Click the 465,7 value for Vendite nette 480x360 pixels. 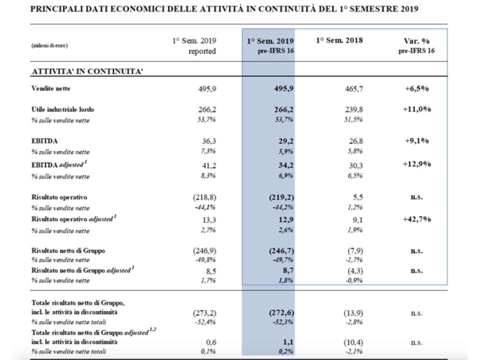354,89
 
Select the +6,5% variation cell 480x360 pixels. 416,89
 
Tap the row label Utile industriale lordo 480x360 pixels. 63,109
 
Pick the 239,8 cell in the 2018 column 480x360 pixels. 354,109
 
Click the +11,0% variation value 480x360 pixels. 416,109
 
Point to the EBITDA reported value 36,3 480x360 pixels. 209,141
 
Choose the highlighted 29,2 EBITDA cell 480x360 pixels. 286,141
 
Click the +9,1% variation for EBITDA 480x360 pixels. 416,141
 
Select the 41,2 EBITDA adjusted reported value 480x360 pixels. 209,165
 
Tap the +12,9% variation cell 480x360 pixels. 416,164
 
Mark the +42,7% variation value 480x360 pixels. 416,219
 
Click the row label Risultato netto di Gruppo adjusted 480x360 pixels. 82,270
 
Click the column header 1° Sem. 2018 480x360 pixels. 339,40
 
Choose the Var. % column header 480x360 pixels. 416,41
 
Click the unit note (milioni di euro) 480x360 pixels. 49,45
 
